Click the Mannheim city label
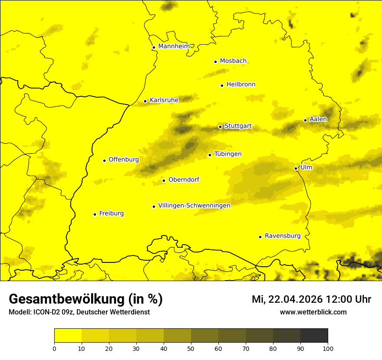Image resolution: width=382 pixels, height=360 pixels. (x=174, y=46)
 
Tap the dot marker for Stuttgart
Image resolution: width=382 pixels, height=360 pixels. (x=220, y=127)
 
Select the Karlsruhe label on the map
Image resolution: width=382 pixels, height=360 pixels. (x=164, y=100)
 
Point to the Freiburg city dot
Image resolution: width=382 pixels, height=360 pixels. (x=95, y=214)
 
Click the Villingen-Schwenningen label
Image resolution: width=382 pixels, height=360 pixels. (x=194, y=206)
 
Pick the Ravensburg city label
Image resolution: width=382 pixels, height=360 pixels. (x=283, y=236)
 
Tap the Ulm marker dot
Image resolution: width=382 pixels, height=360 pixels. (x=296, y=168)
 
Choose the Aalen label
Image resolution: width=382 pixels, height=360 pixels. (x=318, y=119)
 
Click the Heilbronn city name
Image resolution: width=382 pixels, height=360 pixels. (x=241, y=85)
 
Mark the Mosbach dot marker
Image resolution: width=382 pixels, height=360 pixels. (x=215, y=62)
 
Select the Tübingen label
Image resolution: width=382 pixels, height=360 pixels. (x=228, y=154)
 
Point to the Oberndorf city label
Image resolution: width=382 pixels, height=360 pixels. (x=184, y=180)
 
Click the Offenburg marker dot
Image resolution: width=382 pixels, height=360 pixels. (x=104, y=160)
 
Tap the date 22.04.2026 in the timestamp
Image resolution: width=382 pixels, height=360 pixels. (x=296, y=299)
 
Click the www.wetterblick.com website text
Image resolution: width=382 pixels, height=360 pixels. (x=313, y=312)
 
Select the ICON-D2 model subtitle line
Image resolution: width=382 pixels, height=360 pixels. (x=79, y=312)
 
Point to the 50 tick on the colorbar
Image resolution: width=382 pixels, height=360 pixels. (x=191, y=348)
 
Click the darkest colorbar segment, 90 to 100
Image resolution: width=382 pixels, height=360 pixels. (x=314, y=335)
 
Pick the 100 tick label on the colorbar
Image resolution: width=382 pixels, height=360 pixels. (x=328, y=348)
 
